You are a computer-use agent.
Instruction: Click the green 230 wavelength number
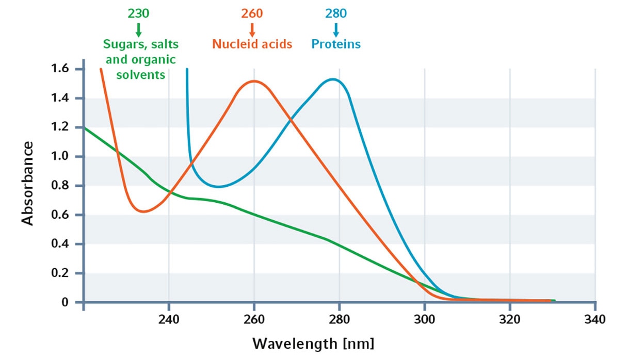(x=138, y=13)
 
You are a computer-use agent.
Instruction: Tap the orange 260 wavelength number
(x=252, y=13)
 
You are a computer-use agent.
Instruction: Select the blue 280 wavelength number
(x=336, y=13)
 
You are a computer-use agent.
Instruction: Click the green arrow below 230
(x=138, y=29)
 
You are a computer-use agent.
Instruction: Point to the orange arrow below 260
(x=252, y=29)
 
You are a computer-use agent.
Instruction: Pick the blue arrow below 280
(x=336, y=29)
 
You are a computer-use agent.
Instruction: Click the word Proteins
(x=336, y=44)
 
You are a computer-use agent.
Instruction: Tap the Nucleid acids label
(x=252, y=44)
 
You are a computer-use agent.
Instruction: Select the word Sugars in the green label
(x=120, y=44)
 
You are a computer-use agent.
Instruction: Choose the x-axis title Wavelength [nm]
(x=313, y=343)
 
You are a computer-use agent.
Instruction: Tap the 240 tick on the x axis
(x=169, y=319)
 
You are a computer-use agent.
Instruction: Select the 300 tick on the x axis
(x=424, y=319)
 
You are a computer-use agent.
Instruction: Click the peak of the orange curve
(x=254, y=81)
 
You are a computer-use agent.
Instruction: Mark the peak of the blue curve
(x=333, y=79)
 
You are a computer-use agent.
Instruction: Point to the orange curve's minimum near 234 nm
(x=143, y=211)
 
